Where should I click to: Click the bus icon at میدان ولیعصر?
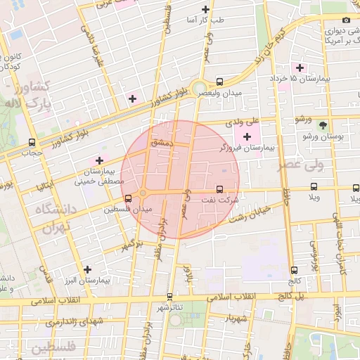point(220,82)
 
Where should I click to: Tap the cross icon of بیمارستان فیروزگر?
point(246,136)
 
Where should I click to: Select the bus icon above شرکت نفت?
point(220,189)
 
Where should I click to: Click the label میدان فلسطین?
point(127,209)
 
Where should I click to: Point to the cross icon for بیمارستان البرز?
point(87,269)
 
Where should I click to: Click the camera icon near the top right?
point(346,20)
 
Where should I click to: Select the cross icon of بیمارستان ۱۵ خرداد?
point(300,67)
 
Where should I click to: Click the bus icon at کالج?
point(293,269)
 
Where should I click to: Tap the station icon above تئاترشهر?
point(169,297)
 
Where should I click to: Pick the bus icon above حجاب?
point(32,142)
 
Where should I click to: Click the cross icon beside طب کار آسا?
point(205,9)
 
